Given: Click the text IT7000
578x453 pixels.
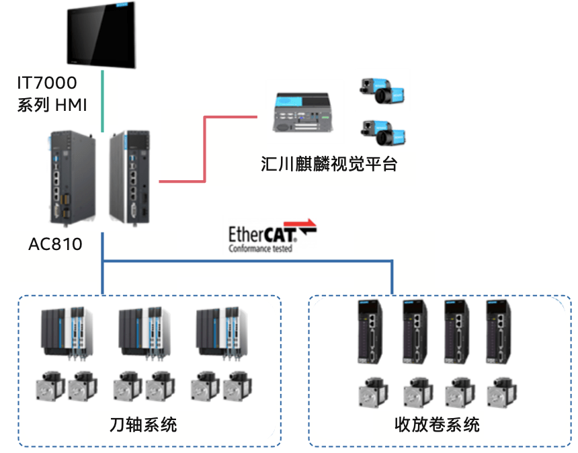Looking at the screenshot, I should pos(47,83).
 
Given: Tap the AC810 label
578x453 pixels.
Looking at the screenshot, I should pos(55,244).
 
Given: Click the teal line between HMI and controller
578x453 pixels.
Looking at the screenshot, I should pos(102,101).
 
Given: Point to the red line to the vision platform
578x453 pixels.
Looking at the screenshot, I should pos(204,148).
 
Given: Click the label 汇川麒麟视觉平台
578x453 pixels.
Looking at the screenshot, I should pos(329,164).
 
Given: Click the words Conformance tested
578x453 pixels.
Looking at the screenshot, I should pos(260,249).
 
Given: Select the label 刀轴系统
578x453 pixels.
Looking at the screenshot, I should pos(143,424).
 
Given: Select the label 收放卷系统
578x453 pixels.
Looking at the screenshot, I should pos(438,424).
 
